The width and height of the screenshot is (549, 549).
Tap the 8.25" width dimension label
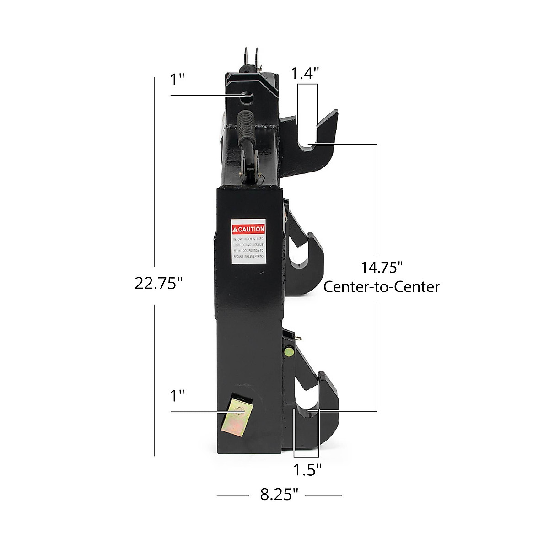pyautogui.click(x=279, y=495)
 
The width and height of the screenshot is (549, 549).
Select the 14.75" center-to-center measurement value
pyautogui.click(x=382, y=267)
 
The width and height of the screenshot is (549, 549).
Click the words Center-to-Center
pyautogui.click(x=382, y=287)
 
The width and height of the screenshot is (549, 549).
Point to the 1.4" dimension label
pyautogui.click(x=305, y=73)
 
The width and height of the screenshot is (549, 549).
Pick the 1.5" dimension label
pyautogui.click(x=307, y=469)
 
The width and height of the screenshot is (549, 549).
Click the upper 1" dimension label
pyautogui.click(x=177, y=80)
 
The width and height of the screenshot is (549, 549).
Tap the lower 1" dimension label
pyautogui.click(x=177, y=396)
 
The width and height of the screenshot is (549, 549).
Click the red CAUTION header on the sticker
pyautogui.click(x=248, y=229)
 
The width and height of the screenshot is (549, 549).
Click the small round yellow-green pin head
pyautogui.click(x=289, y=352)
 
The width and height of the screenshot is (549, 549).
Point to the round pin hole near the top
pyautogui.click(x=247, y=96)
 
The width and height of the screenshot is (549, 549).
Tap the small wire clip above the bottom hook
pyautogui.click(x=297, y=339)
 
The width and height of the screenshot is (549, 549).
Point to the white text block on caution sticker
pyautogui.click(x=248, y=248)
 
